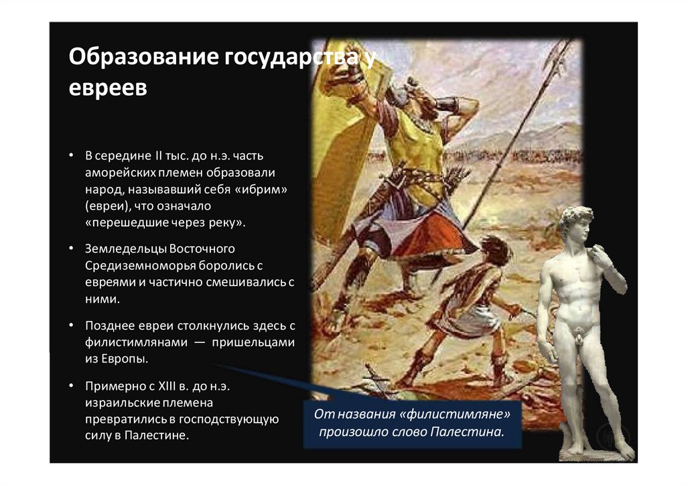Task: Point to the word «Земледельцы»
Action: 125,249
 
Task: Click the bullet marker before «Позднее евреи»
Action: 71,326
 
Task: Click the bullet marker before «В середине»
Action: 71,157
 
